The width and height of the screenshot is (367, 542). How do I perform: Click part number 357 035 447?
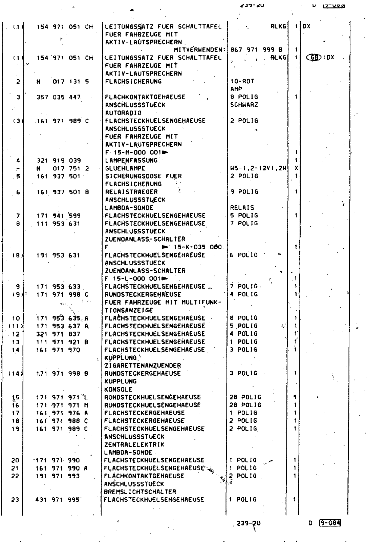click(59, 97)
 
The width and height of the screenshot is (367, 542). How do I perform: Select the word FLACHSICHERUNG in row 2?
click(133, 81)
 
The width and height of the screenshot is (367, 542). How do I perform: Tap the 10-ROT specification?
click(242, 81)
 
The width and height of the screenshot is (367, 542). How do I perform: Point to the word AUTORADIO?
click(123, 113)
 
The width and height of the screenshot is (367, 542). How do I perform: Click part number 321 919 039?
click(59, 161)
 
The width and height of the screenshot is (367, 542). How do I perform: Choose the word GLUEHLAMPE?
click(125, 168)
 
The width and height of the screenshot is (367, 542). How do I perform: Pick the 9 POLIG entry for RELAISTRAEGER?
click(244, 192)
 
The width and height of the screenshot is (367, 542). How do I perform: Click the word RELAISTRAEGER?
click(131, 192)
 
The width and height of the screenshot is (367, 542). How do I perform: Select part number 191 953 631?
click(58, 255)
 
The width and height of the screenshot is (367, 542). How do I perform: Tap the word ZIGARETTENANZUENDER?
click(143, 366)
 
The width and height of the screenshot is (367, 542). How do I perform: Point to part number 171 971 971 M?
click(62, 405)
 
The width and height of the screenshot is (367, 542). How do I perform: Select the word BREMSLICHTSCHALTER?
click(140, 492)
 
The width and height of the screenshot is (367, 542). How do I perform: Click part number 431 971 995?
click(58, 500)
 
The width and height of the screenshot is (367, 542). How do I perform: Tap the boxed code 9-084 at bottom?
click(329, 523)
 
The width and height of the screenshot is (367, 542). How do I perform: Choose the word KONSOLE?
click(118, 390)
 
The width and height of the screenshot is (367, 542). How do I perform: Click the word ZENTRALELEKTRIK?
click(134, 444)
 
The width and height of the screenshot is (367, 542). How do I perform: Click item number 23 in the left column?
click(15, 500)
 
